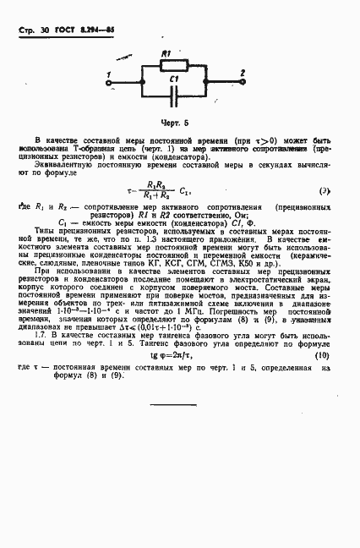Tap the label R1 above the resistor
(x=167, y=52)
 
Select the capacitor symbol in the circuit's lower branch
(x=173, y=92)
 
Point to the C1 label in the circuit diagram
(x=173, y=79)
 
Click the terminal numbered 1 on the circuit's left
(x=107, y=74)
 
